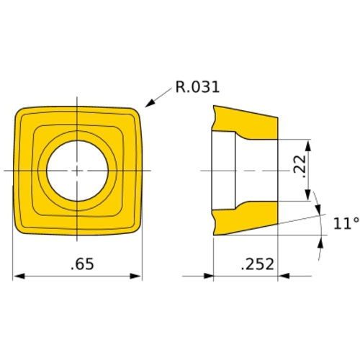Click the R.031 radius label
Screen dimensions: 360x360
tap(196, 89)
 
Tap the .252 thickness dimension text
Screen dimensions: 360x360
tap(257, 264)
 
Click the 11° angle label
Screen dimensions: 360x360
tap(344, 224)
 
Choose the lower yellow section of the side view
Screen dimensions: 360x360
tap(248, 220)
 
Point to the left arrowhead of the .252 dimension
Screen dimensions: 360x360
tap(210, 276)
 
